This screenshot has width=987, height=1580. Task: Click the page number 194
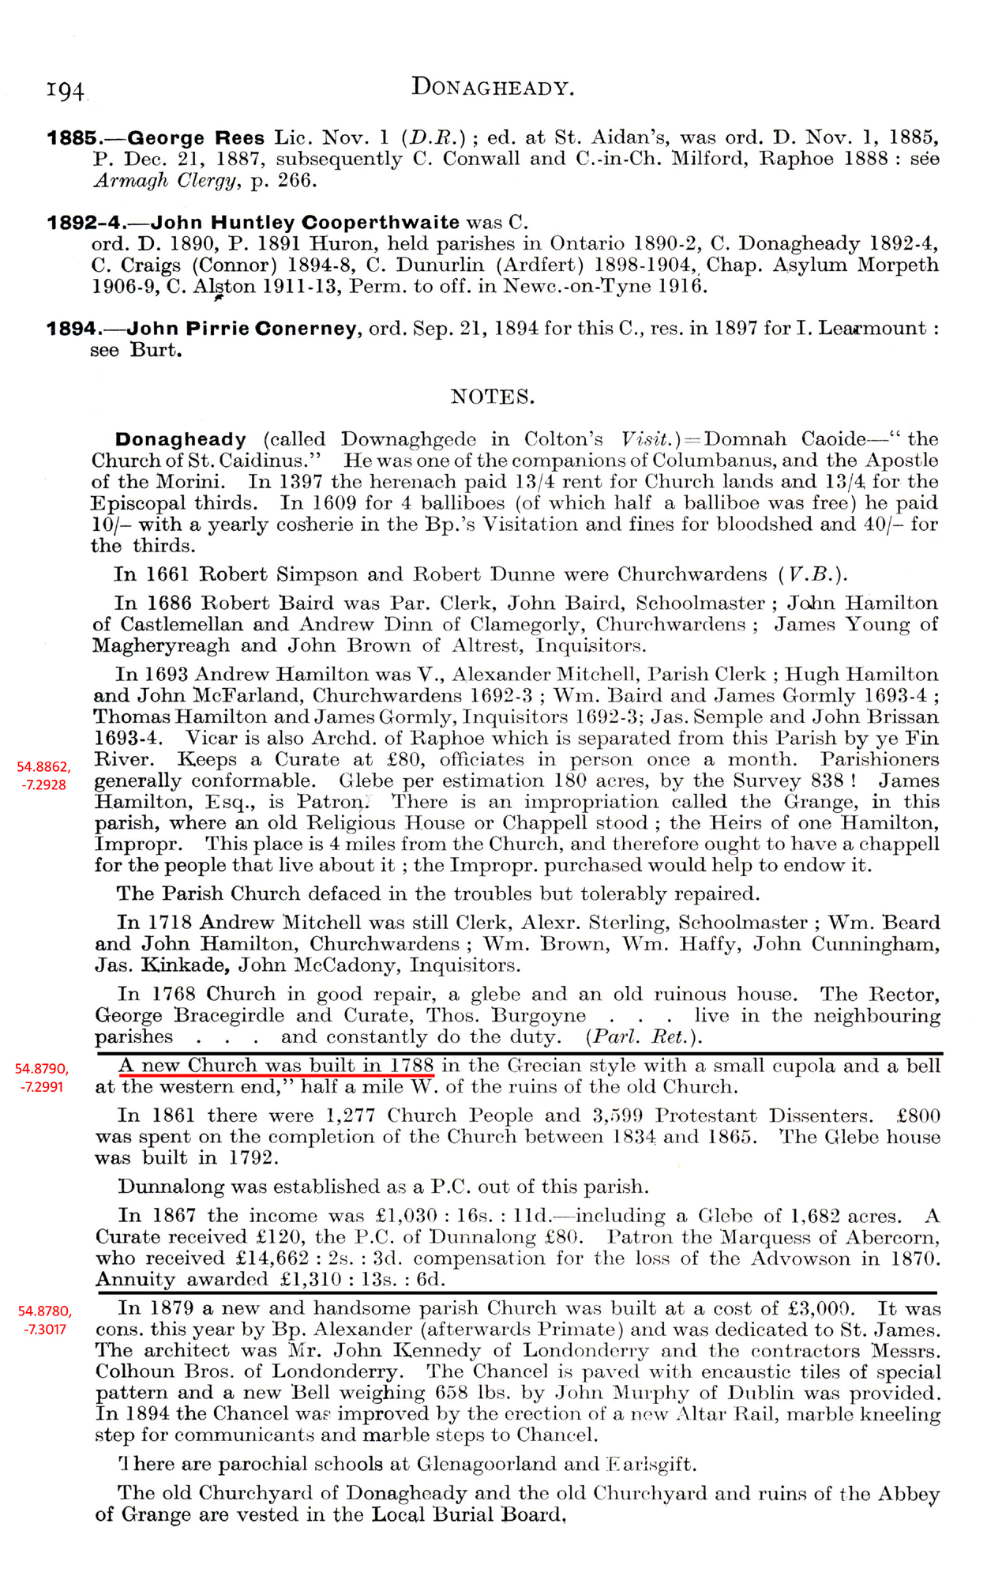coord(66,91)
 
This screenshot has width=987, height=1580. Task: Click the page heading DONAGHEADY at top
coord(492,87)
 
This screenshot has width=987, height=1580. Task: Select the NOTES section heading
coord(492,397)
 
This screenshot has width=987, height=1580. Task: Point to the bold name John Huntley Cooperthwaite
coord(305,223)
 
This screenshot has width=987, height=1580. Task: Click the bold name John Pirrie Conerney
coord(242,329)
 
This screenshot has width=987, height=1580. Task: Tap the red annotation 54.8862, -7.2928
coord(43,775)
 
